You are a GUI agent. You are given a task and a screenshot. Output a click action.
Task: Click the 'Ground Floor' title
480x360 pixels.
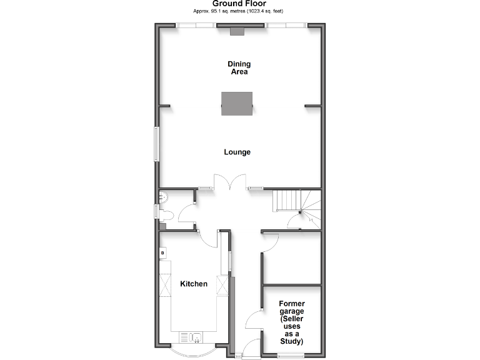click(239, 4)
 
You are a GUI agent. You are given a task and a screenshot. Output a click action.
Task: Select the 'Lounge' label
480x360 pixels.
click(237, 152)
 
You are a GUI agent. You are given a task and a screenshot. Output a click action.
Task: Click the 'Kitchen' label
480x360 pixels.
click(194, 284)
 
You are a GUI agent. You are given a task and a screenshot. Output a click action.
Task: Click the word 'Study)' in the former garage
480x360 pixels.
click(291, 342)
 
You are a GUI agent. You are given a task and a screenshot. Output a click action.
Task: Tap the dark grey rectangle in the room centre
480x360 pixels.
click(237, 103)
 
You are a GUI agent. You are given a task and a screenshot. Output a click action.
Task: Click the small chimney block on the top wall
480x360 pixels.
click(237, 31)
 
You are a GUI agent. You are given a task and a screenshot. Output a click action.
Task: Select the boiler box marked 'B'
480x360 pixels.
click(163, 252)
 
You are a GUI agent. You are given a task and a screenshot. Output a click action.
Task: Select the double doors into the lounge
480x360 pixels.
click(231, 182)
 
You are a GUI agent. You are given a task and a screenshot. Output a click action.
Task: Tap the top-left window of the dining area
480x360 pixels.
click(196, 26)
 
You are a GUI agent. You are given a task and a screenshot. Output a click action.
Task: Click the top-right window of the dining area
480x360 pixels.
click(286, 26)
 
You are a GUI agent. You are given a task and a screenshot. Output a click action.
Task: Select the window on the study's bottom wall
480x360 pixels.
click(291, 355)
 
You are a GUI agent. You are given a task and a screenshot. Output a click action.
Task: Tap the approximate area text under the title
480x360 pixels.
click(239, 11)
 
